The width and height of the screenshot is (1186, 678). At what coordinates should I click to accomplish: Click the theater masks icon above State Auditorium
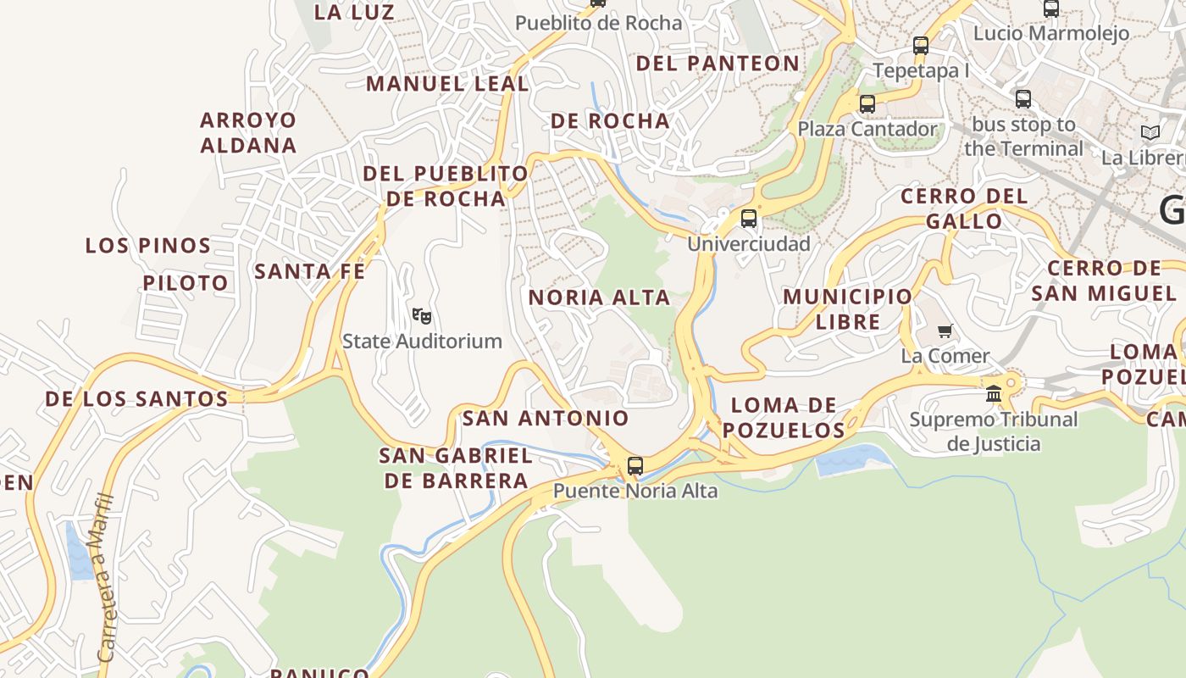(x=422, y=316)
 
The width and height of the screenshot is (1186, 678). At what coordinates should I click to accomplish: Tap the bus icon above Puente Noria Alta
(x=635, y=465)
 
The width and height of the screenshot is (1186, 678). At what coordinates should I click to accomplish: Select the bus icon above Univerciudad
(x=749, y=219)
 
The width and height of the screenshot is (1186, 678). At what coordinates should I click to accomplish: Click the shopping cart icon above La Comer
(x=945, y=331)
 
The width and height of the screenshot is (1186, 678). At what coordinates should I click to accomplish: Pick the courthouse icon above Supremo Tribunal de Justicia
(x=994, y=394)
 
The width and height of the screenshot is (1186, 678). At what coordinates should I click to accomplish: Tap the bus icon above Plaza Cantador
(x=867, y=104)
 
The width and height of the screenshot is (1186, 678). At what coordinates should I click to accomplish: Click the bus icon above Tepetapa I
(x=921, y=46)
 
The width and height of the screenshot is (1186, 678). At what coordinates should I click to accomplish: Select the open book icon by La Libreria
(x=1150, y=132)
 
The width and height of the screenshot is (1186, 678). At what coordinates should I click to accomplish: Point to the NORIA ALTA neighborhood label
(x=600, y=297)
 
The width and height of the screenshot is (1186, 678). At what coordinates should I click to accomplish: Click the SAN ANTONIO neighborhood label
(x=546, y=418)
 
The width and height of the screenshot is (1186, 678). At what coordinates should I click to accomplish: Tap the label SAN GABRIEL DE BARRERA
(x=456, y=468)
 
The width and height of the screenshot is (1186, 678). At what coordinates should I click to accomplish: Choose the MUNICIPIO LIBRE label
(x=848, y=309)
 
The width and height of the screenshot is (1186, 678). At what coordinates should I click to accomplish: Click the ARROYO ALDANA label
(x=249, y=132)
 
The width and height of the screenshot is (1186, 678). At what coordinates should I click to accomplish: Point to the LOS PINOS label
(x=148, y=246)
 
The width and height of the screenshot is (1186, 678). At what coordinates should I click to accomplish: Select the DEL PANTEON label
(x=718, y=64)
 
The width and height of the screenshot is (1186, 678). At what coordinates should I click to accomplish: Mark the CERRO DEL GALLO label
(x=964, y=208)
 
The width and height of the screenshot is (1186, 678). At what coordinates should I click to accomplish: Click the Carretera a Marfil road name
(x=105, y=576)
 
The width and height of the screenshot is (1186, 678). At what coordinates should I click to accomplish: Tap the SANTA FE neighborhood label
(x=310, y=271)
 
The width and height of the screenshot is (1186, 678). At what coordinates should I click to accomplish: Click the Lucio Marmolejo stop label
(x=1051, y=33)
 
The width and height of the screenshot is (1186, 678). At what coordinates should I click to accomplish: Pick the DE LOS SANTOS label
(x=136, y=398)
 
